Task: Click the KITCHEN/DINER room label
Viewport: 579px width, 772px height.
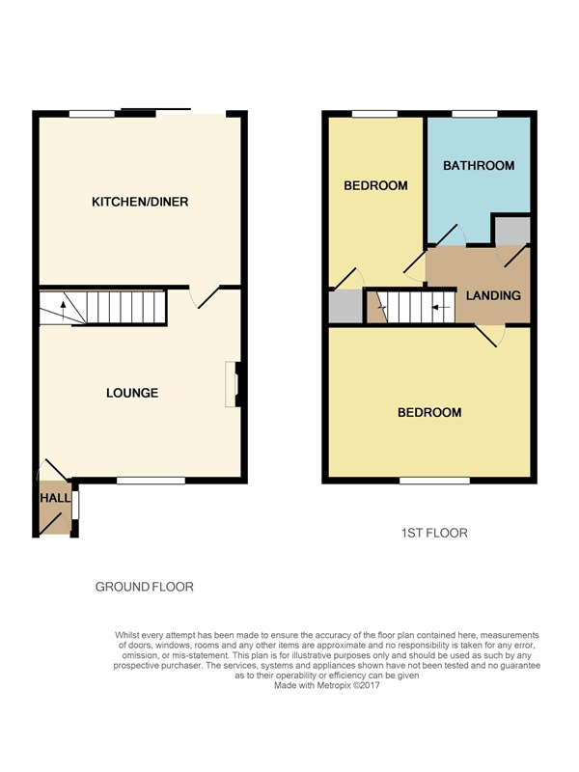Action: coord(140,202)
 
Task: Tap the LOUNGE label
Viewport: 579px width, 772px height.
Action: coord(132,393)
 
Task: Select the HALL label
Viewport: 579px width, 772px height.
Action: coord(55,498)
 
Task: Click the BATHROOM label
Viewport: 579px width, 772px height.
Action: coord(479,165)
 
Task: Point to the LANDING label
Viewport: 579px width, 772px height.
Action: coord(493,295)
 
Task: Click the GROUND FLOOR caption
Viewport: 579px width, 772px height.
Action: coord(144,587)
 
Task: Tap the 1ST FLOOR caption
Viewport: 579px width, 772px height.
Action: coord(434,533)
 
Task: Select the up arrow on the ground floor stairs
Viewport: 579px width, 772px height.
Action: coord(63,311)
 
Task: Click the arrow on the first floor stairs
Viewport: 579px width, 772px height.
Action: coord(441,307)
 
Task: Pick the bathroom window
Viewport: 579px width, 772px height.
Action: coord(475,114)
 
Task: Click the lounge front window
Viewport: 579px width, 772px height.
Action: coord(151,480)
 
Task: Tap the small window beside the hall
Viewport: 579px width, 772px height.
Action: coord(75,505)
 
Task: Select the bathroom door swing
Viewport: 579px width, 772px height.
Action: coord(450,234)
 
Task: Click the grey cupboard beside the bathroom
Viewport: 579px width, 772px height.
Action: coord(512,230)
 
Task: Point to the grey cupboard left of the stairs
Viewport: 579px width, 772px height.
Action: coord(345,306)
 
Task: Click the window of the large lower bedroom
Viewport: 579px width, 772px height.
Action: coord(434,480)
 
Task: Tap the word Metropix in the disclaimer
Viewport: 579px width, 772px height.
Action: coord(333,685)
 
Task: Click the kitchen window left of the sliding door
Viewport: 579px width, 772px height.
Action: coord(92,114)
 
